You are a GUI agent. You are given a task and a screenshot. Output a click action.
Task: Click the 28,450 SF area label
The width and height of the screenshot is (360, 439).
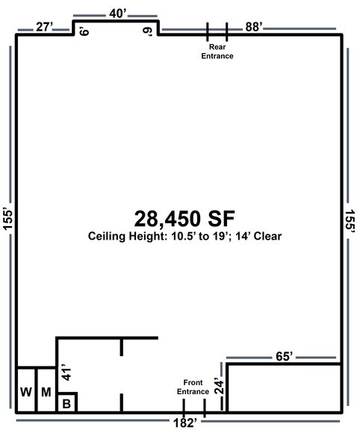tap(184, 219)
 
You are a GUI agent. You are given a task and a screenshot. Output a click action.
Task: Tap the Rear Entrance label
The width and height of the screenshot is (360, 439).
tap(217, 52)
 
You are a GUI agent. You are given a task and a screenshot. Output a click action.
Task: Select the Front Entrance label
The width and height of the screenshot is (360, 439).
tap(193, 387)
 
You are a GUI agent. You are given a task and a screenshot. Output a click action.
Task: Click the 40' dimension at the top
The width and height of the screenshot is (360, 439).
tap(118, 13)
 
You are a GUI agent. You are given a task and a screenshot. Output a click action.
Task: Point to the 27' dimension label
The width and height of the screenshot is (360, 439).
tap(44, 27)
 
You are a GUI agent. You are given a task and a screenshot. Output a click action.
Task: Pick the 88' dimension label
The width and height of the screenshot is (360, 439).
tap(254, 27)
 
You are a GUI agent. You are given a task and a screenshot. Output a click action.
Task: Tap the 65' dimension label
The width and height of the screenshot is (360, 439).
tap(284, 356)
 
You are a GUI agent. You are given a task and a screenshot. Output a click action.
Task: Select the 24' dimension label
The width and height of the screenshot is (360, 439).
tap(220, 387)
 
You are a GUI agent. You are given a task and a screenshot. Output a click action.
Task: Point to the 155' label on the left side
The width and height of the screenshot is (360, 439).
tap(8, 219)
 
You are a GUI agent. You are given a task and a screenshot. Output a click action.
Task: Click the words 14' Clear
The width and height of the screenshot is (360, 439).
tap(258, 236)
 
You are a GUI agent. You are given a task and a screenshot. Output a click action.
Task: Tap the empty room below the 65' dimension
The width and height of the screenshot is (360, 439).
tap(285, 388)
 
